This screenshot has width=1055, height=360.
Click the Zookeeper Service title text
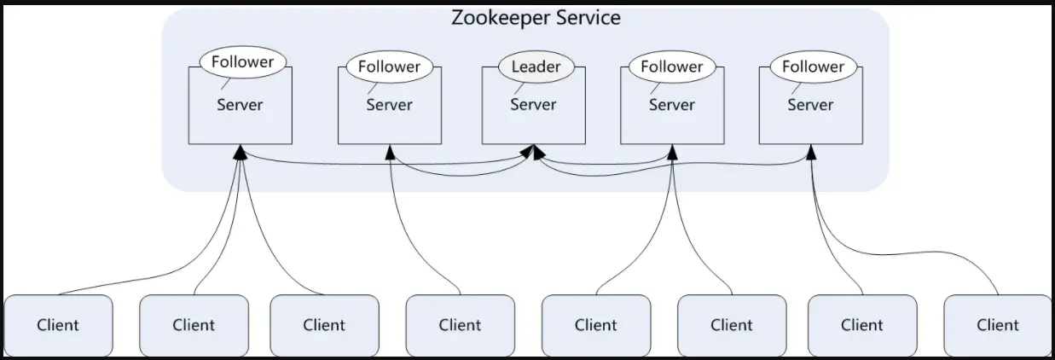tap(536, 18)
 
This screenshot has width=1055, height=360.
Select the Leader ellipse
tap(535, 67)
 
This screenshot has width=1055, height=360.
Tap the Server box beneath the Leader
tap(533, 115)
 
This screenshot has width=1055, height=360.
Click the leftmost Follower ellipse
tap(243, 62)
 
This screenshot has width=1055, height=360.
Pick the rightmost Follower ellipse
tap(814, 67)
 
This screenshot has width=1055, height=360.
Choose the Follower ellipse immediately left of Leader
tap(389, 67)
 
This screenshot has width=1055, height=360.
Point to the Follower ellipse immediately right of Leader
tap(672, 67)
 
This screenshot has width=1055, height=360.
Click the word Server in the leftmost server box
tap(240, 106)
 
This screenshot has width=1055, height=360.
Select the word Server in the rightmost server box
tap(810, 105)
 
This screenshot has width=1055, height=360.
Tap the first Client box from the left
tap(58, 325)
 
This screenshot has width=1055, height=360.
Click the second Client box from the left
tap(194, 325)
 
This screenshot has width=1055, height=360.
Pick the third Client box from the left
tap(324, 325)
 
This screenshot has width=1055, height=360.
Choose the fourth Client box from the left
tap(460, 325)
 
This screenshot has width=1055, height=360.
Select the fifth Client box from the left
tap(595, 325)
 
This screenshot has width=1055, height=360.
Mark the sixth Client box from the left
tap(732, 325)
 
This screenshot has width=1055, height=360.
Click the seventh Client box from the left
tap(862, 325)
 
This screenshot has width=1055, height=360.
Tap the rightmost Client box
tap(998, 325)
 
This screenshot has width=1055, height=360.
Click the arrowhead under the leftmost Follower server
tap(241, 151)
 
